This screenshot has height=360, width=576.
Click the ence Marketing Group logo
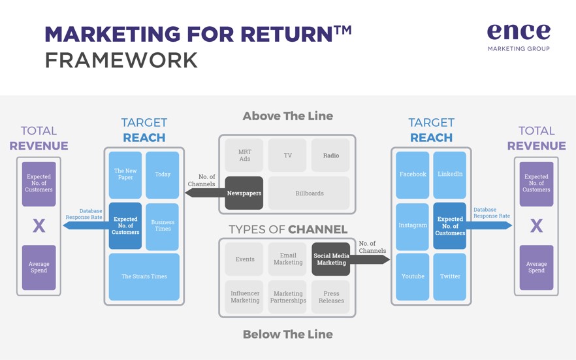(x=519, y=37)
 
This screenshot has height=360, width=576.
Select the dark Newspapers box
(x=244, y=193)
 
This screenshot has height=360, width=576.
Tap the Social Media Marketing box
(x=330, y=259)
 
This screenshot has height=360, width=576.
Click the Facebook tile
(x=413, y=175)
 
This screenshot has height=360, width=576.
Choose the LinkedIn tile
(x=449, y=175)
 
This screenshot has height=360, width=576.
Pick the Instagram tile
(x=413, y=226)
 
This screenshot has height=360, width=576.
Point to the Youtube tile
(x=413, y=276)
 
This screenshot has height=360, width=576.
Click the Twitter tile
(x=449, y=276)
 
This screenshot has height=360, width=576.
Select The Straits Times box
(x=144, y=276)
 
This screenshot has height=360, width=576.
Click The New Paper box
(x=125, y=175)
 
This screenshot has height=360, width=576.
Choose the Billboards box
(x=309, y=193)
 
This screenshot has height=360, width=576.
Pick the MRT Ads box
(x=244, y=155)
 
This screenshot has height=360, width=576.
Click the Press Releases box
(x=330, y=297)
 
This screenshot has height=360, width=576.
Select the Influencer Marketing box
(x=244, y=297)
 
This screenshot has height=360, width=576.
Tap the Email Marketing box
(x=287, y=259)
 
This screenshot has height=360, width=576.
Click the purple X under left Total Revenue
(x=39, y=225)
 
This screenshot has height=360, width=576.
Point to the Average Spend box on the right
(x=536, y=267)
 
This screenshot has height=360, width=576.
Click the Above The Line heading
(x=287, y=116)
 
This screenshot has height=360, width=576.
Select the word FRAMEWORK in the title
(x=121, y=61)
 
